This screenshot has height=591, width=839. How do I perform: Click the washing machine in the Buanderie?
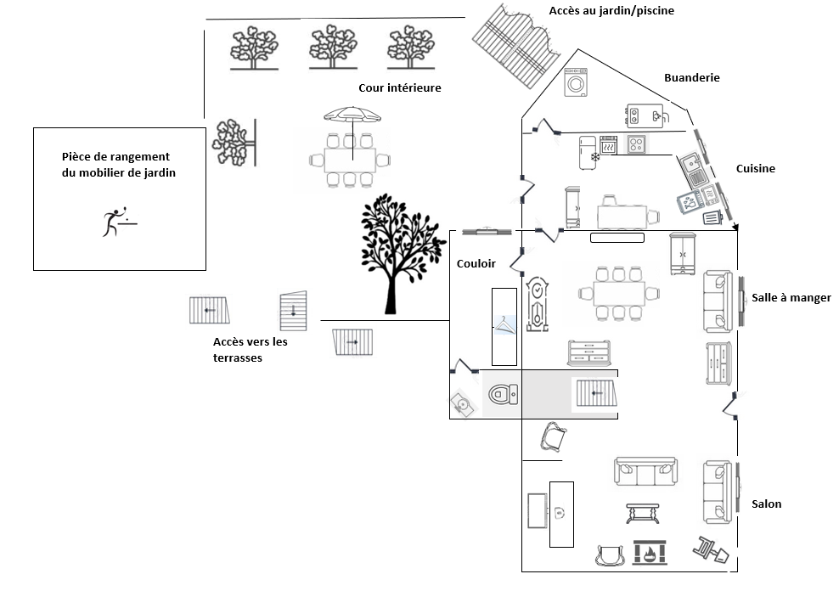pos(576,82)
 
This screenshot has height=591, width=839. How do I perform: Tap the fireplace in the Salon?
pos(650,553)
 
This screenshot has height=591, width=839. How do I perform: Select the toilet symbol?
pos(503,394)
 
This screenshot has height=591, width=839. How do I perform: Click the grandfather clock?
pos(537,304)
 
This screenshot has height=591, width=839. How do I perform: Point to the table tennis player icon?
pos(119,221)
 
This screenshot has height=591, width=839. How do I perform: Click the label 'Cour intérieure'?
pos(400,87)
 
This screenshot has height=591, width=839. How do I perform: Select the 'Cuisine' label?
pos(756,168)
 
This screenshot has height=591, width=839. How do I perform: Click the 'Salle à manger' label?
pos(791,298)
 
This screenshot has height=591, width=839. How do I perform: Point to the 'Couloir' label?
pos(476,263)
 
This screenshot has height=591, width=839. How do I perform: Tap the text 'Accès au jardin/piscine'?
pos(611,11)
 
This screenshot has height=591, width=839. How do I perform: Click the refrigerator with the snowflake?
pos(588,153)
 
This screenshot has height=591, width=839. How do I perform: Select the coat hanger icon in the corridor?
pos(504,325)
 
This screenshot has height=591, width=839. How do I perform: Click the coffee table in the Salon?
pos(643,513)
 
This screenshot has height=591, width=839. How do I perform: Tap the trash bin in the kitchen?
pos(712,217)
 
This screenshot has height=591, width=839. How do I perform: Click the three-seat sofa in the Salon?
pos(646,471)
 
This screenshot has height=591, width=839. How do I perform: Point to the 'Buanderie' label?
pos(692,77)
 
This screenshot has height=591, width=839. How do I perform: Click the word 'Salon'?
pos(766,504)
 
